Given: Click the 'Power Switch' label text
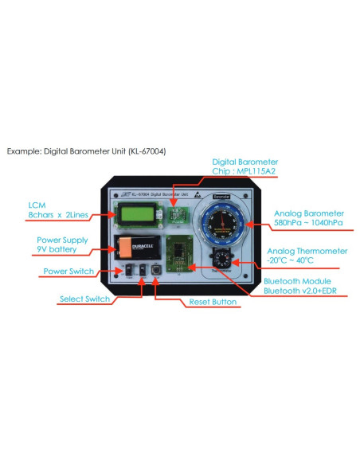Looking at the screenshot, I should coord(68,272).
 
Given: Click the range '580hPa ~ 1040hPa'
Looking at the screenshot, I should coord(307,224).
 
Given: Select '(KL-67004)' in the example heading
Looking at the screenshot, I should coord(147,150).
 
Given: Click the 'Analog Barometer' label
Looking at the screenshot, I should coord(308,213).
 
